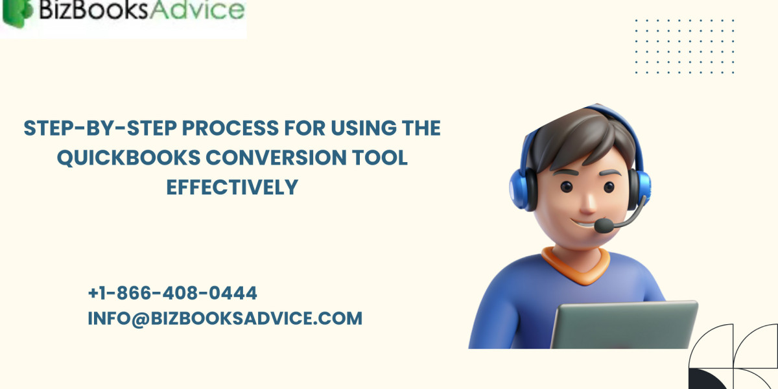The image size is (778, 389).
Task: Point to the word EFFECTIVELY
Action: pos(232,187)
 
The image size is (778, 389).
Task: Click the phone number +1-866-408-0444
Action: pos(172,293)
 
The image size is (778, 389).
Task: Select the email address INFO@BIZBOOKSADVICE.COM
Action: pos(225,318)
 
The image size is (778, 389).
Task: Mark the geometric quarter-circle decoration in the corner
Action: pos(733,357)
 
